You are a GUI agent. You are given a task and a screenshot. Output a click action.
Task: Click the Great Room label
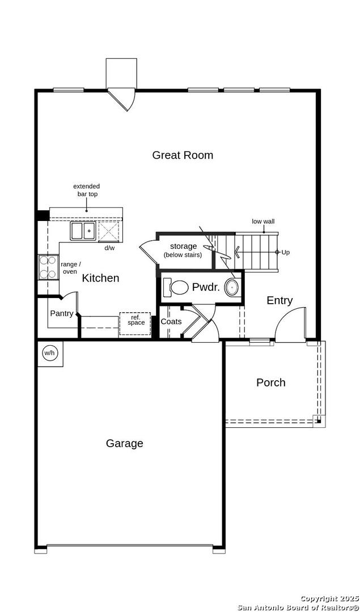tap(183, 155)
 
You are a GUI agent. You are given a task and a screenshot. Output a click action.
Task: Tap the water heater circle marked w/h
tap(49, 353)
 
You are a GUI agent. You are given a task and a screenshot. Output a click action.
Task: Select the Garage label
tap(125, 443)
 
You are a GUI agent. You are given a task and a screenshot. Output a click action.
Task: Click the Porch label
tap(271, 382)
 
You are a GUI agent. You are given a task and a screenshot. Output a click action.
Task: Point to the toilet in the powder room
tap(175, 287)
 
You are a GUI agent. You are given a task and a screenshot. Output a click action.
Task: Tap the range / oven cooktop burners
tap(48, 267)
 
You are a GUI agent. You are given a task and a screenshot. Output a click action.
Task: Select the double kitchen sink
tap(83, 231)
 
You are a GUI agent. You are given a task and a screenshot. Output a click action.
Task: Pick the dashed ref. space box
tap(135, 324)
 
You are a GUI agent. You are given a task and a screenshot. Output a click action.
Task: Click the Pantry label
tap(62, 313)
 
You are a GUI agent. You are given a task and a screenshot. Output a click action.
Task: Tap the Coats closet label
tap(171, 322)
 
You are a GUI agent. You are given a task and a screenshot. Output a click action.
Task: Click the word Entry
tap(279, 300)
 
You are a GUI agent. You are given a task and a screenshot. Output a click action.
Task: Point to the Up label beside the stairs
tap(286, 253)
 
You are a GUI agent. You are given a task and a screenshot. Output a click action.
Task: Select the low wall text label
tap(263, 222)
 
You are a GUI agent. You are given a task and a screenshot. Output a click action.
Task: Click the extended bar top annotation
tap(86, 190)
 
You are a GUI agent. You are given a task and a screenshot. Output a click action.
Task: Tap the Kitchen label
tap(100, 278)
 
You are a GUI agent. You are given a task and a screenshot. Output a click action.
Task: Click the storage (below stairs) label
tap(183, 250)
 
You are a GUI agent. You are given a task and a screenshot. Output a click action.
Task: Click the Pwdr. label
tap(206, 288)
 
